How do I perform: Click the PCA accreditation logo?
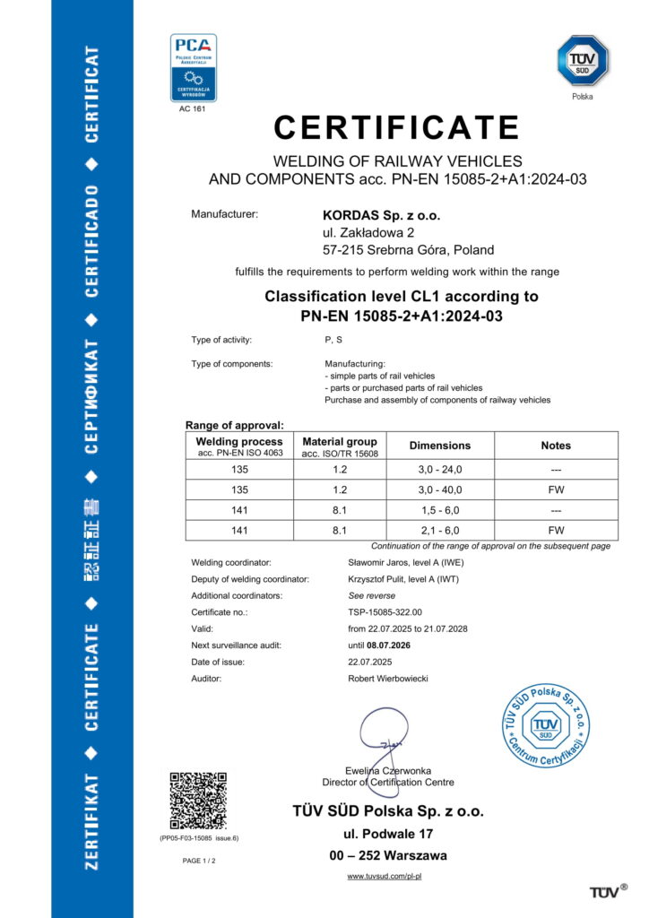coord(194,68)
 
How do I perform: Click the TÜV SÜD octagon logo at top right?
coord(583,60)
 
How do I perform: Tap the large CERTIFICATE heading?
coord(397,127)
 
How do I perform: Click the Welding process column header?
coord(239,446)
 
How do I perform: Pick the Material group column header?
coord(340,446)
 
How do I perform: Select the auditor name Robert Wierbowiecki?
coord(388,679)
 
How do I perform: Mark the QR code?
coord(198,799)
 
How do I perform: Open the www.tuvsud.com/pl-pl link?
coord(385,876)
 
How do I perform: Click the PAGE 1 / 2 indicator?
coord(199,860)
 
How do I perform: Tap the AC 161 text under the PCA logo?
coord(193,108)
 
